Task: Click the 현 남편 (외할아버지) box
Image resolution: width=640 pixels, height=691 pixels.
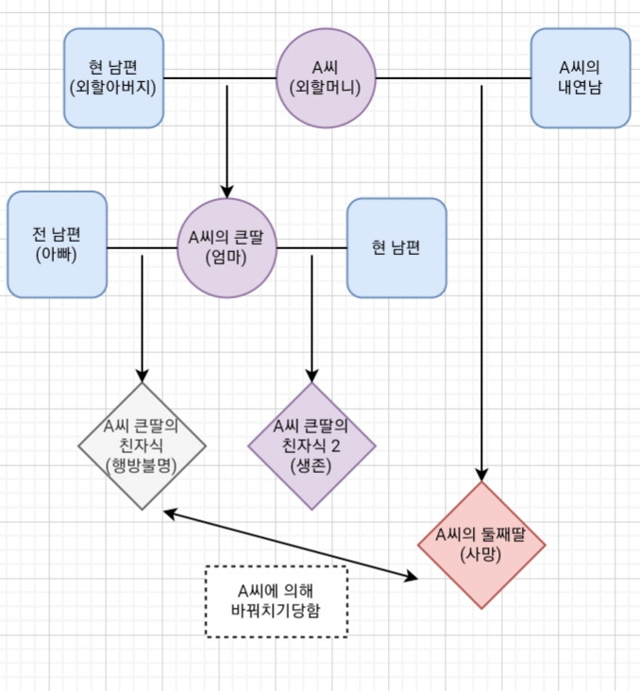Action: pyautogui.click(x=113, y=77)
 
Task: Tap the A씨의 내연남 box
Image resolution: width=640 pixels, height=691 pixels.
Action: pyautogui.click(x=580, y=77)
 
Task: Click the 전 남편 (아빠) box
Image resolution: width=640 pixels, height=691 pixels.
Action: pyautogui.click(x=57, y=244)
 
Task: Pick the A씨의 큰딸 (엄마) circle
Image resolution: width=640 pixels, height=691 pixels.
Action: pyautogui.click(x=227, y=247)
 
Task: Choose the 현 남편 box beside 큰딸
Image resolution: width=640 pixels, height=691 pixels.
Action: pyautogui.click(x=396, y=247)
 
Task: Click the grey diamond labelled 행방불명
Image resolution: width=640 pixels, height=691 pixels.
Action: pyautogui.click(x=142, y=446)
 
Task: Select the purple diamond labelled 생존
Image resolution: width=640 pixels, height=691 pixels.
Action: pyautogui.click(x=312, y=446)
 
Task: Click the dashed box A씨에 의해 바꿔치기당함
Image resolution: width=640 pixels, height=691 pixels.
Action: pyautogui.click(x=276, y=600)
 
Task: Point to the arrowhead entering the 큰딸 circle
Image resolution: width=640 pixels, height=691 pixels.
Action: pyautogui.click(x=227, y=190)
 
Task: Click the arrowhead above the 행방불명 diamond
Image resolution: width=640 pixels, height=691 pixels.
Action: pyautogui.click(x=142, y=374)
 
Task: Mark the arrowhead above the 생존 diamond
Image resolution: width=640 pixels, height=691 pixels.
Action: pyautogui.click(x=312, y=374)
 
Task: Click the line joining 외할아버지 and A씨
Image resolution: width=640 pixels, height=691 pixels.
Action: pyautogui.click(x=219, y=77)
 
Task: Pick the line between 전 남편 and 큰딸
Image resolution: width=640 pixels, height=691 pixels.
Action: pyautogui.click(x=142, y=247)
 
